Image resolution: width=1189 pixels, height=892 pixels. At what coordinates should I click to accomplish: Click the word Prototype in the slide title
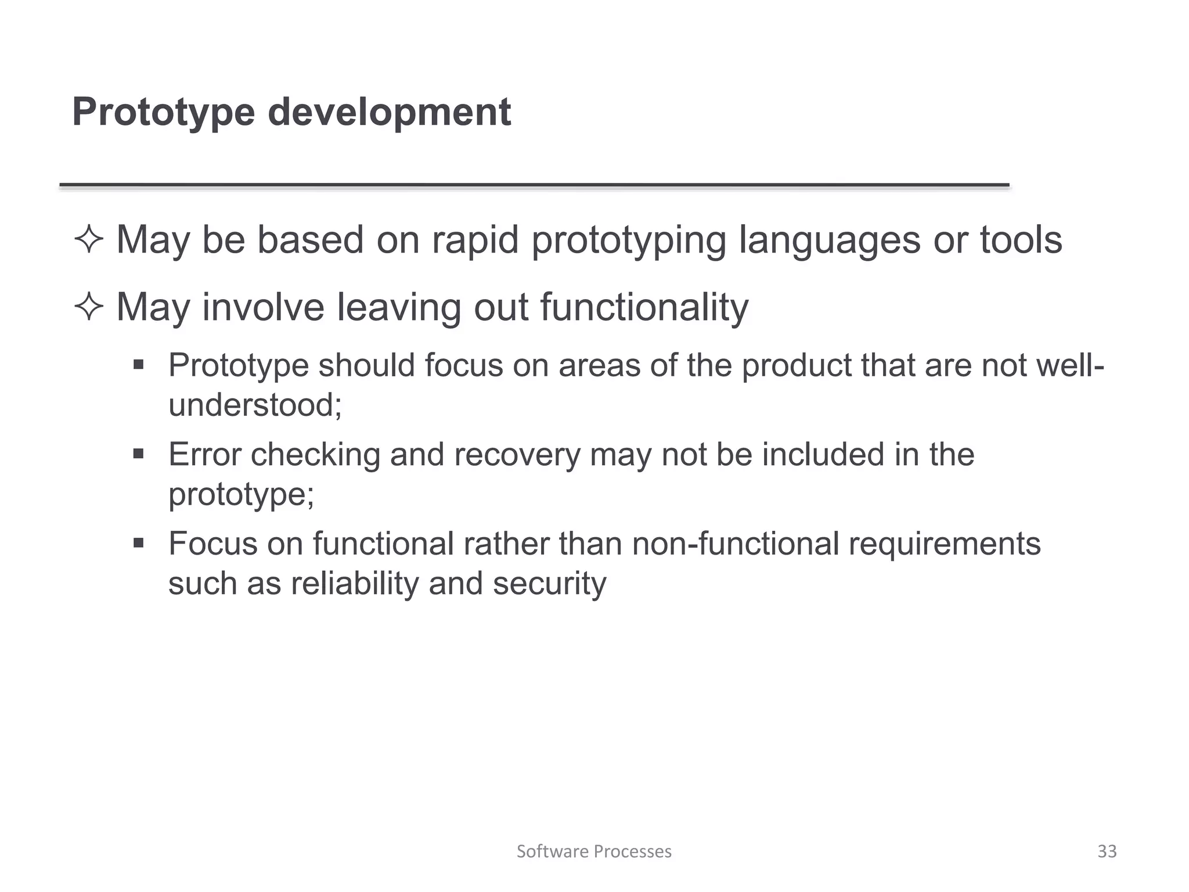(x=163, y=112)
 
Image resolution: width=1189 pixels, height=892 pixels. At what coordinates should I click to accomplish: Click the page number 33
(x=1107, y=851)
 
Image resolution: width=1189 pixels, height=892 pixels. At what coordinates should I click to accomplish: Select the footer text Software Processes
(x=594, y=851)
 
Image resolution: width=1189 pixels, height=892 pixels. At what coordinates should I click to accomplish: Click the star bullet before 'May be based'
(x=89, y=240)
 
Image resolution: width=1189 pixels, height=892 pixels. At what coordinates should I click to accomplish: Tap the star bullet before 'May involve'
(x=89, y=307)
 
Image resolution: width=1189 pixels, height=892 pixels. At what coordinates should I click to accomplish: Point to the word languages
(x=829, y=240)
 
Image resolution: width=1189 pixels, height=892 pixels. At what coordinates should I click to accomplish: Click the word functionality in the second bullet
(x=644, y=307)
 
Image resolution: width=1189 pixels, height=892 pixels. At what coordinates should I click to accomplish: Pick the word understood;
(x=255, y=405)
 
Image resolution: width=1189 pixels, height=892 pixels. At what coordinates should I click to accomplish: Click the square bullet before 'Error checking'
(x=138, y=454)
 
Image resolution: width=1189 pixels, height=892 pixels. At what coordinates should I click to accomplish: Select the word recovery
(x=517, y=455)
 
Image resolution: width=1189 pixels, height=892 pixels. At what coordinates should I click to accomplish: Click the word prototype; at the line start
(x=241, y=494)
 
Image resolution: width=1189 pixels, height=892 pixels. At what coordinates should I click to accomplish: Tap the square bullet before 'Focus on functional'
(x=138, y=544)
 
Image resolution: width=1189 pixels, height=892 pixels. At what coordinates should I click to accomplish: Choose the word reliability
(x=354, y=584)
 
